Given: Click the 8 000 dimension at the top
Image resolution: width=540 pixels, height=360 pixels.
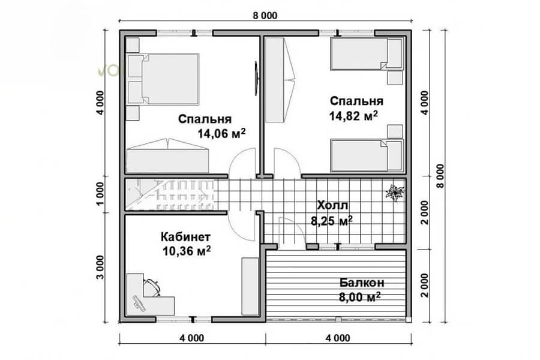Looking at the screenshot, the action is (x=265, y=16).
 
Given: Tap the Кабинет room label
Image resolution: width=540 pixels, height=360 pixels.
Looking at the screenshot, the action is (x=185, y=237).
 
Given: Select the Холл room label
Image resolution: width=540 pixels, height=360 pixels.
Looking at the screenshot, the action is (x=332, y=206).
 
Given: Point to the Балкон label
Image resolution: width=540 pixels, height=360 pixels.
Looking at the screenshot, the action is (x=362, y=283).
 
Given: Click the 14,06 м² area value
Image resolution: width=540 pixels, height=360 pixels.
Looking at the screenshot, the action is (x=221, y=133).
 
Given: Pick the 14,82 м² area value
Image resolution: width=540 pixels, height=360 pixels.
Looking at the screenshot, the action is (x=353, y=115).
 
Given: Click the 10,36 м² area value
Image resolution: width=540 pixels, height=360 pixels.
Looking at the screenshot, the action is (x=187, y=251).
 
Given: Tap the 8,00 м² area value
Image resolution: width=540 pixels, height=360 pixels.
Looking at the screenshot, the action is (x=359, y=296).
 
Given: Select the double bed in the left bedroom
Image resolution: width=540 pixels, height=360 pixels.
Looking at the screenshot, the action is (x=163, y=79).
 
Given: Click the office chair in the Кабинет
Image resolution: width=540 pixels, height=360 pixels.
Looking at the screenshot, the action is (x=152, y=287).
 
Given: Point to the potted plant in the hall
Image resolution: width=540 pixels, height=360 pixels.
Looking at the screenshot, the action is (x=395, y=192).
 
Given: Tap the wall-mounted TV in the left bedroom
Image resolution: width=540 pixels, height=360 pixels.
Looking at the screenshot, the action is (x=256, y=79).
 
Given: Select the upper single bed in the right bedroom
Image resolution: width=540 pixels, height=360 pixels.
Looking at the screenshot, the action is (x=367, y=54).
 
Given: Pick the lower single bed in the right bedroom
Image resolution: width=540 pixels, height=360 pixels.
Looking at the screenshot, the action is (x=367, y=155).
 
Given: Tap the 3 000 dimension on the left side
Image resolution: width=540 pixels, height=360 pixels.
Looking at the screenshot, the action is (x=100, y=268).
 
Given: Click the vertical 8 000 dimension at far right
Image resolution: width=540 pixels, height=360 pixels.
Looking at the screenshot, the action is (x=440, y=176).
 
